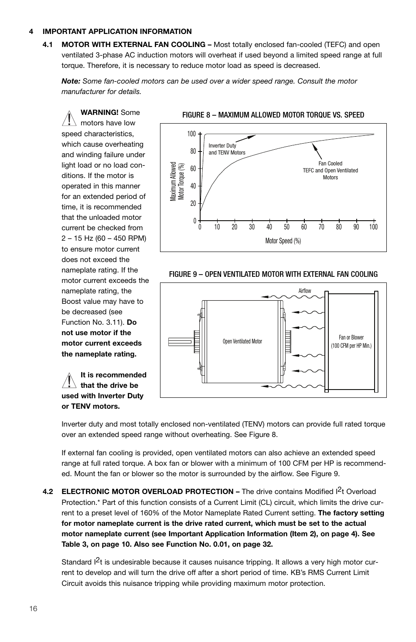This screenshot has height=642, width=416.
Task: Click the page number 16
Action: pos(34,608)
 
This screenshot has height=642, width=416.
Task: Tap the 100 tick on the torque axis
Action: pos(191,134)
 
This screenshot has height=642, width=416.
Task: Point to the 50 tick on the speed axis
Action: pos(286,227)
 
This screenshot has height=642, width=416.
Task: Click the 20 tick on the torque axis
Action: pos(193,203)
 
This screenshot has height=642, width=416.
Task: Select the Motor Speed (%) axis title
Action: pos(283,241)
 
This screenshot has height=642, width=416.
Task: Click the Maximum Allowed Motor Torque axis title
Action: pos(177,181)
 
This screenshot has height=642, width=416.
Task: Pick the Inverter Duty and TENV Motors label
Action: pos(227,149)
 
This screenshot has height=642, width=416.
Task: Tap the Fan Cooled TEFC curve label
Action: pos(330,171)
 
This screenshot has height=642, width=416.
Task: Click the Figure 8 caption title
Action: pos(273,115)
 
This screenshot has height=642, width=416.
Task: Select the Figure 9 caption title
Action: pos(273,274)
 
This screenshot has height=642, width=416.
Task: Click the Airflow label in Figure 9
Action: pos(305,291)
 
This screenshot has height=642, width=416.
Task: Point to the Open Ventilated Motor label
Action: pos(242,341)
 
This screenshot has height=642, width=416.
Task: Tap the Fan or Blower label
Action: pos(351,341)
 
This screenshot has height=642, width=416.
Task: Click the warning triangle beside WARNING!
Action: pos(69,118)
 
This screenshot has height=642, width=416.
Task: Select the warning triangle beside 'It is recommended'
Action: pos(69,380)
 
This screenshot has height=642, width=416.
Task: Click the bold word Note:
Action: pos(71,81)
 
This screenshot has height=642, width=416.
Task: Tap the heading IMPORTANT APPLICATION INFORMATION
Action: pos(117,31)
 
